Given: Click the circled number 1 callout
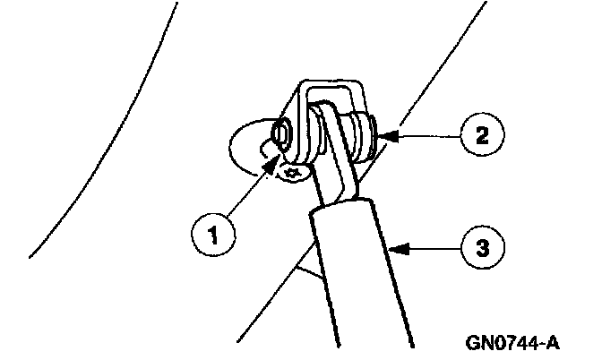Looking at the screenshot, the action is click(x=213, y=236).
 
